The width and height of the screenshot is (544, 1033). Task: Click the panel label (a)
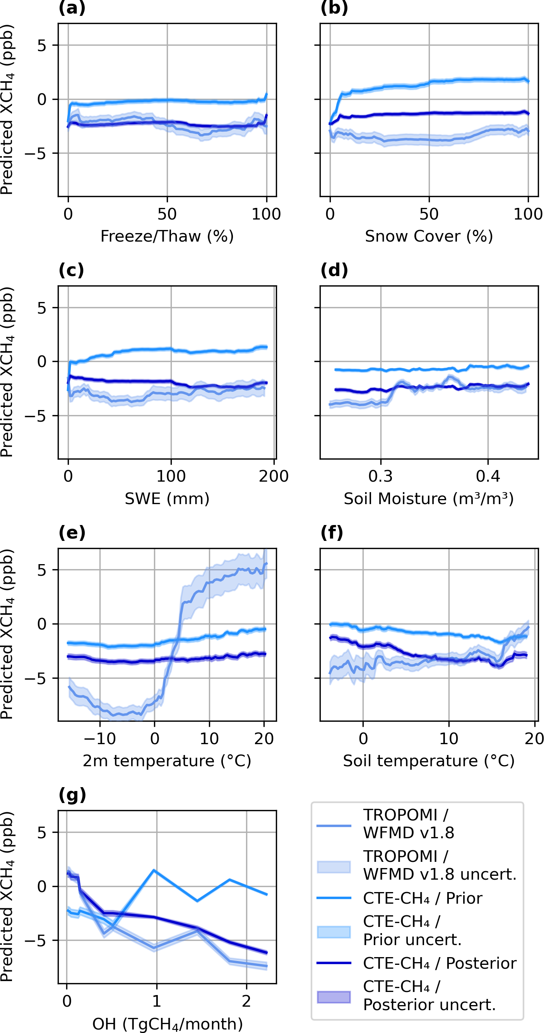72,8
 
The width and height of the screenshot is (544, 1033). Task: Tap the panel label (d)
334,270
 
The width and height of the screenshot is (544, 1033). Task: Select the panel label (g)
72,795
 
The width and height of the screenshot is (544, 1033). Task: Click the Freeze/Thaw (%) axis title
167,236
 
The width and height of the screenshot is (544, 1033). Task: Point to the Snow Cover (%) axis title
429,236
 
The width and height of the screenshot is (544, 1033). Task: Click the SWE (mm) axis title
167,498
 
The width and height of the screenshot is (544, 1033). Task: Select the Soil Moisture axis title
429,498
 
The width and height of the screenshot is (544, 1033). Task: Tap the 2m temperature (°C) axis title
167,761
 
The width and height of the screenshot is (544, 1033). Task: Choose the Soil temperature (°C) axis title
429,761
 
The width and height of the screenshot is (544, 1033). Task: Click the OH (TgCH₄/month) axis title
168,1024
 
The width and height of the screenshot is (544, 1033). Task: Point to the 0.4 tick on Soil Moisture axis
488,476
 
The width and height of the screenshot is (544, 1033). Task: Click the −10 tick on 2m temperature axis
99,739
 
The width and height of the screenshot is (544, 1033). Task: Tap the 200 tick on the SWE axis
274,476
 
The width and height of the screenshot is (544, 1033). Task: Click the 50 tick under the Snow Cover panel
429,214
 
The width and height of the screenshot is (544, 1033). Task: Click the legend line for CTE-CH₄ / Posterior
334,963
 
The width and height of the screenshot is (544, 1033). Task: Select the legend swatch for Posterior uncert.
334,997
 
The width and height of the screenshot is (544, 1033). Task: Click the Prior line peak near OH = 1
155,870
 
